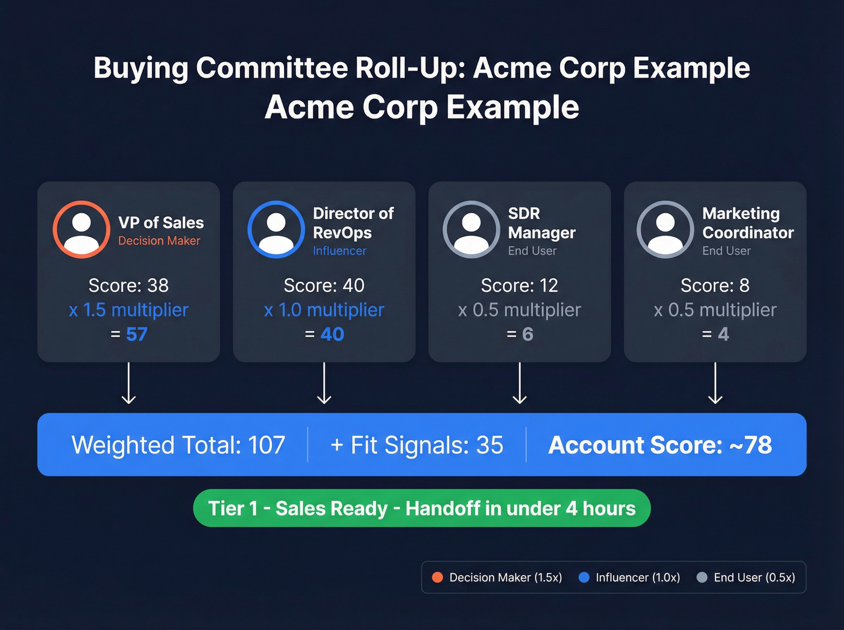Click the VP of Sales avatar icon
click(x=81, y=230)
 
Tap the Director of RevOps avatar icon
click(x=276, y=230)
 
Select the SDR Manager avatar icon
click(x=471, y=230)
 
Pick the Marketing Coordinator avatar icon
click(x=666, y=230)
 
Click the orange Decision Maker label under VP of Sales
click(x=159, y=241)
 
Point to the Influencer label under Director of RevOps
click(x=339, y=251)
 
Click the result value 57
click(x=137, y=334)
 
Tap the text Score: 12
click(x=520, y=285)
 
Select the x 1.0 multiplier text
click(x=324, y=310)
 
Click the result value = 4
click(x=716, y=334)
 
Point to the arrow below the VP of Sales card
click(x=128, y=383)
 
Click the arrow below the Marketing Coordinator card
click(x=716, y=383)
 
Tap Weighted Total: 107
click(x=178, y=445)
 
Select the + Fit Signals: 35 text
click(x=417, y=445)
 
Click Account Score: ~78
click(x=660, y=445)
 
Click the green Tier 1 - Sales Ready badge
click(x=422, y=508)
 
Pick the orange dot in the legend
click(x=438, y=578)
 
